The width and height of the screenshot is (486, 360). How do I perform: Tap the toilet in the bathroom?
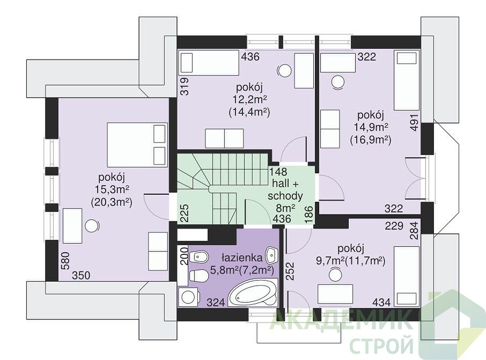199,275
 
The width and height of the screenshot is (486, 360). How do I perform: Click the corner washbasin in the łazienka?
272,254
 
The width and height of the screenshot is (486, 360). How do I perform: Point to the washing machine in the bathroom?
188,297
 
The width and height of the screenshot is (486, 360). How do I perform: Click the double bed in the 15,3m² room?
136,145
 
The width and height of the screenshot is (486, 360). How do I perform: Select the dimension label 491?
415,123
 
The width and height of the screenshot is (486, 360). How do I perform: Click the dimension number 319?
184,86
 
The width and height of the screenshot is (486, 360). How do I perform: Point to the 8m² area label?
285,208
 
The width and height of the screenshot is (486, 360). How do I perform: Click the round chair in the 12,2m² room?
285,71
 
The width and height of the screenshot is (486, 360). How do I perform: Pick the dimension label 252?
290,271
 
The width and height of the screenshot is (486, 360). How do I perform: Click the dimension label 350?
81,275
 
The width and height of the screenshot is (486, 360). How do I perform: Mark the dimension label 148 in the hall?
278,172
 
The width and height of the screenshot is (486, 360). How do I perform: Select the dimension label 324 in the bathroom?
215,302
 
